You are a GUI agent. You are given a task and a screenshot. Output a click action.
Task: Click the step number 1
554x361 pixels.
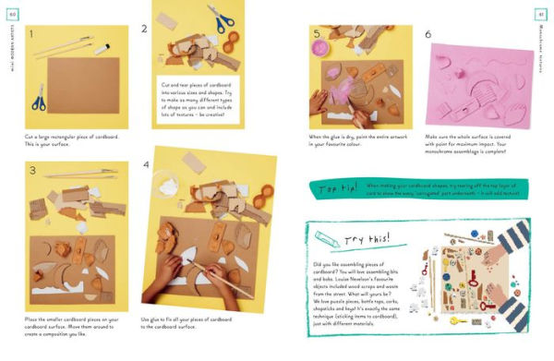point(30,35)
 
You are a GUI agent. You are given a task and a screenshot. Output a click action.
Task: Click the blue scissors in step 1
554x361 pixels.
point(39,95)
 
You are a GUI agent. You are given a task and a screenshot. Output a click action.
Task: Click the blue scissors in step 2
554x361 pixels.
point(222,18)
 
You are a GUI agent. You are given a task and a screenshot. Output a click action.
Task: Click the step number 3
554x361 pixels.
point(31,171)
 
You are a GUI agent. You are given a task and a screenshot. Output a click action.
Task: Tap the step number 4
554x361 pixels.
point(147,164)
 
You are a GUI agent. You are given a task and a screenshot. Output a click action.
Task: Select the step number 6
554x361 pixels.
point(428,35)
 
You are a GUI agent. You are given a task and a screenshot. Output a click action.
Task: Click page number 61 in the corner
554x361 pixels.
point(540,12)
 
